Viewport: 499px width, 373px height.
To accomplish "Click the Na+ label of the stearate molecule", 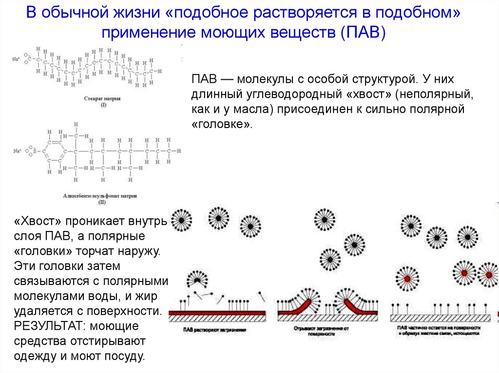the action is tap(16, 59).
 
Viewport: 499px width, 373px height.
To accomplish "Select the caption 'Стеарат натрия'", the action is tap(102, 98).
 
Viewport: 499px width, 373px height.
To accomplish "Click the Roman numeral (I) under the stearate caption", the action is tap(102, 105).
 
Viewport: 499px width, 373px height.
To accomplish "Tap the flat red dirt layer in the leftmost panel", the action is tap(217, 312).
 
